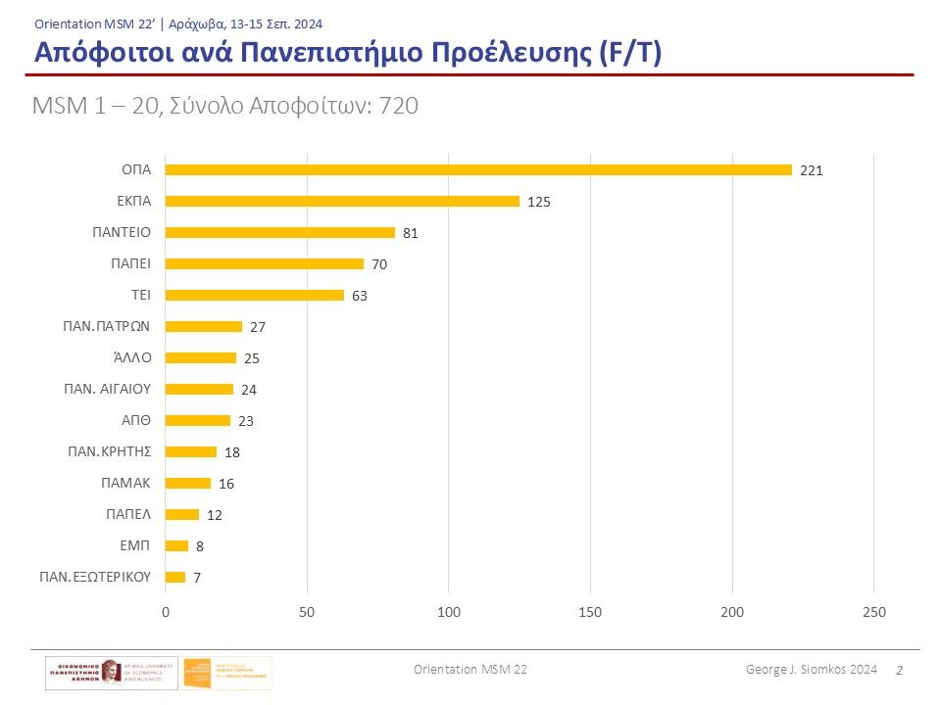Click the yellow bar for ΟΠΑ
point(478,170)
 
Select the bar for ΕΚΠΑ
point(342,202)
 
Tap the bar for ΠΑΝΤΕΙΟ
point(280,233)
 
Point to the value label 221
point(812,170)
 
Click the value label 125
point(539,202)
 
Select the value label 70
point(379,264)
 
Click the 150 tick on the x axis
point(590,613)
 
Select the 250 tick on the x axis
point(873,613)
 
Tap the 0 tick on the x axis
point(166,613)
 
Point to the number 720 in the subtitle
point(399,107)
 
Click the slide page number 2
point(899,670)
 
